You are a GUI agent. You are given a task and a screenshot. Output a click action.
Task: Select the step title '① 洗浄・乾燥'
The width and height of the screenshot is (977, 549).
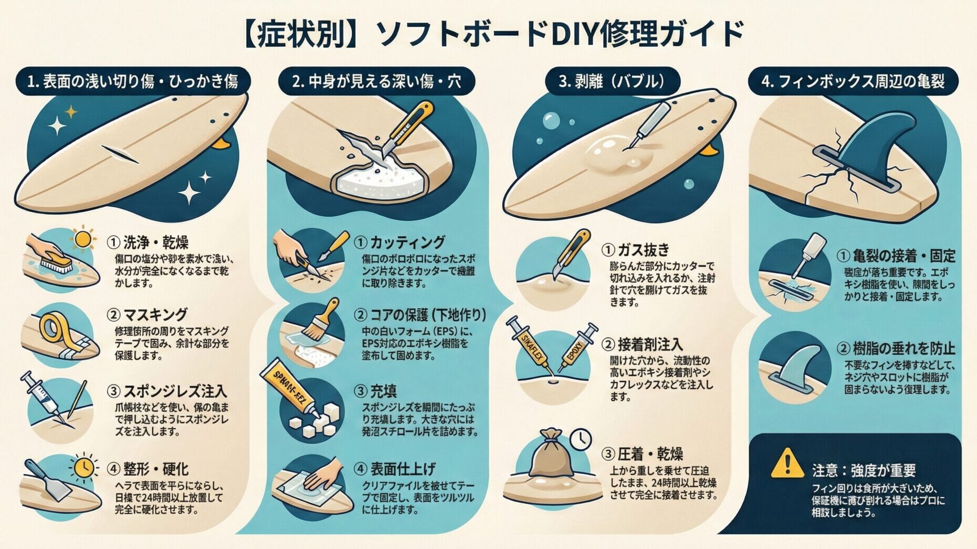click(148, 242)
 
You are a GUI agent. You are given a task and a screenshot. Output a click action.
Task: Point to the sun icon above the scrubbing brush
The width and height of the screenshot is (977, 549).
click(82, 239)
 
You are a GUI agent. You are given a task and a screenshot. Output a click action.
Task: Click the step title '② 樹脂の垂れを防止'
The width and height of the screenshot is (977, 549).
click(895, 349)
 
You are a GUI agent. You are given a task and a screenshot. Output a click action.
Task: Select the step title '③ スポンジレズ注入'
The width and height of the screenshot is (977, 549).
click(167, 391)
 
